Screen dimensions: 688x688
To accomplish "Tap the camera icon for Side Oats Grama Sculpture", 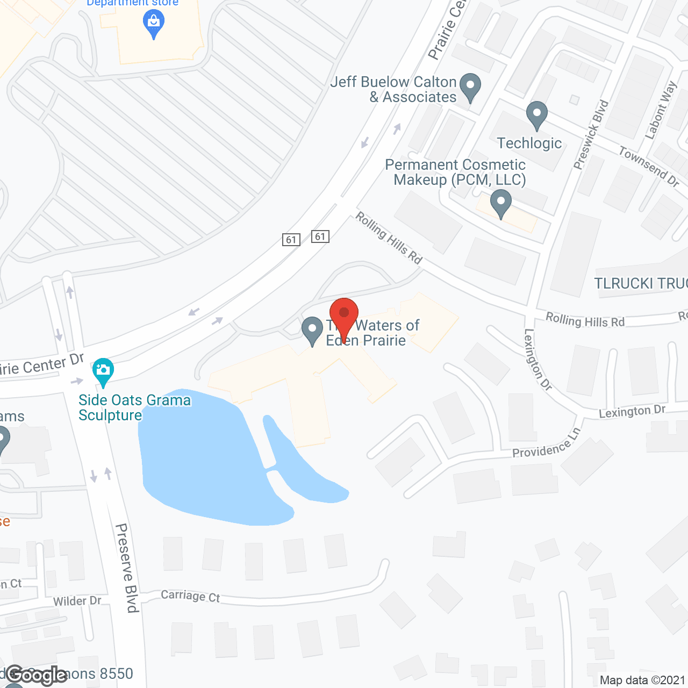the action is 103,370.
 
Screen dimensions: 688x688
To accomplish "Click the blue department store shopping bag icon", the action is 154,23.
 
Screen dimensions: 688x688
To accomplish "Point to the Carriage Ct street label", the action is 190,596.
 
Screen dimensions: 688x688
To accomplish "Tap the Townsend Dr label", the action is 649,166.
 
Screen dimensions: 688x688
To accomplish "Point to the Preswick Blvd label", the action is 591,134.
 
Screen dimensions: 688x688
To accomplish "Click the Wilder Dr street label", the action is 77,601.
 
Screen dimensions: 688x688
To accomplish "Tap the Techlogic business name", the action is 529,143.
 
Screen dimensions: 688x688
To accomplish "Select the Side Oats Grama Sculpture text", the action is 134,407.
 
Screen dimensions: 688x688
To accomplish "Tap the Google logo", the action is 37,675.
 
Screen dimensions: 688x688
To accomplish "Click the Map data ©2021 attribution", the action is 642,680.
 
